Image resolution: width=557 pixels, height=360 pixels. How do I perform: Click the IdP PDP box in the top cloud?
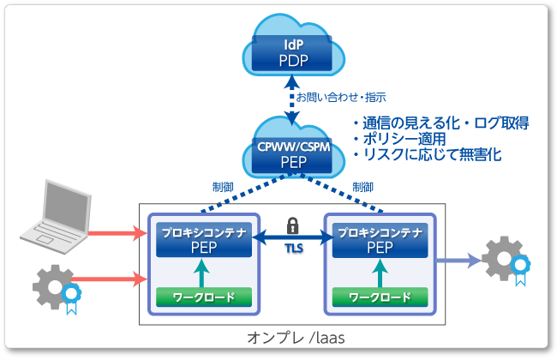292,53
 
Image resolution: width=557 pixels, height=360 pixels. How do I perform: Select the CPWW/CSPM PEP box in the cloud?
293,153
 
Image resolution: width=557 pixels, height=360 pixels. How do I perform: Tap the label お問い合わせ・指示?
341,97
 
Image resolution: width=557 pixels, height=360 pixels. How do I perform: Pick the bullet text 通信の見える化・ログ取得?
440,123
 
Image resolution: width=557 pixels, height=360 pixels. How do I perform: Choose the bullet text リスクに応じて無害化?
428,155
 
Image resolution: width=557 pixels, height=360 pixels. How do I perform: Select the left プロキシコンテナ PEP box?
202,239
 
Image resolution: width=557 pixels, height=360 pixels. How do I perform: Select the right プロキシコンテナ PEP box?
380,239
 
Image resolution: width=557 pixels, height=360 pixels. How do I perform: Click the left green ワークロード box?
202,297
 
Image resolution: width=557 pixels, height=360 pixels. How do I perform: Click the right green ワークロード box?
380,297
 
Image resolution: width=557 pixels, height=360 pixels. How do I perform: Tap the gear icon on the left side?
53,282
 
